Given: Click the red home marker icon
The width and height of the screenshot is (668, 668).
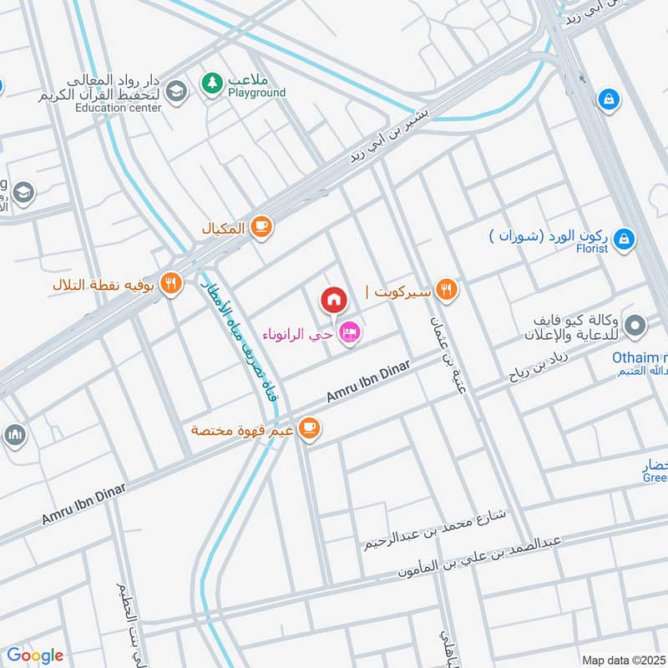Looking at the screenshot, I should (333, 299).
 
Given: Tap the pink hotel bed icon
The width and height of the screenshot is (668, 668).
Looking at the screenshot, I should (352, 332).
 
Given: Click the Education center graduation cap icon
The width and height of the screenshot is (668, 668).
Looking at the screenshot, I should (175, 91).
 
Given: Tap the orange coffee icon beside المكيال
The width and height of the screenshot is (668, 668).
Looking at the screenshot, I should (261, 226).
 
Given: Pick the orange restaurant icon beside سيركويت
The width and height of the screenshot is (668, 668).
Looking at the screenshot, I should (447, 290).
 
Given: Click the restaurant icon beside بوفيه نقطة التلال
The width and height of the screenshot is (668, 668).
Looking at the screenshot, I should (172, 283).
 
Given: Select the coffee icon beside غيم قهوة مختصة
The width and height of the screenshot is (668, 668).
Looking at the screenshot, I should (310, 428).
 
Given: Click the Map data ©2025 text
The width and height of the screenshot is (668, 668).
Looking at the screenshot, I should (624, 660).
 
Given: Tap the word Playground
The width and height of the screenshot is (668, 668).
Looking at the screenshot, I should (257, 93).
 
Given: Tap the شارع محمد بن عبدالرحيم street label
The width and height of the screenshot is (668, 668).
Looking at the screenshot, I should (434, 530).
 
